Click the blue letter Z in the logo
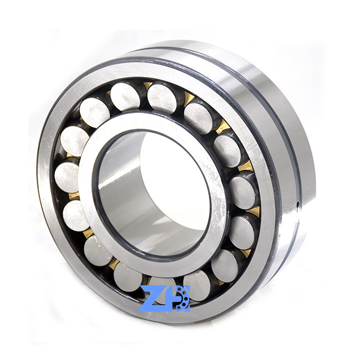click(x=152, y=299)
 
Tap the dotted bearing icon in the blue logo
click(x=183, y=299)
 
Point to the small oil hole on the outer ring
click(x=297, y=203)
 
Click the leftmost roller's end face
click(x=67, y=177)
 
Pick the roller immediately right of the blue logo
click(x=198, y=285)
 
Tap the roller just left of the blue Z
click(x=128, y=277)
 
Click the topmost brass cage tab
click(x=147, y=86)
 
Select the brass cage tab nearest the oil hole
click(x=253, y=212)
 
